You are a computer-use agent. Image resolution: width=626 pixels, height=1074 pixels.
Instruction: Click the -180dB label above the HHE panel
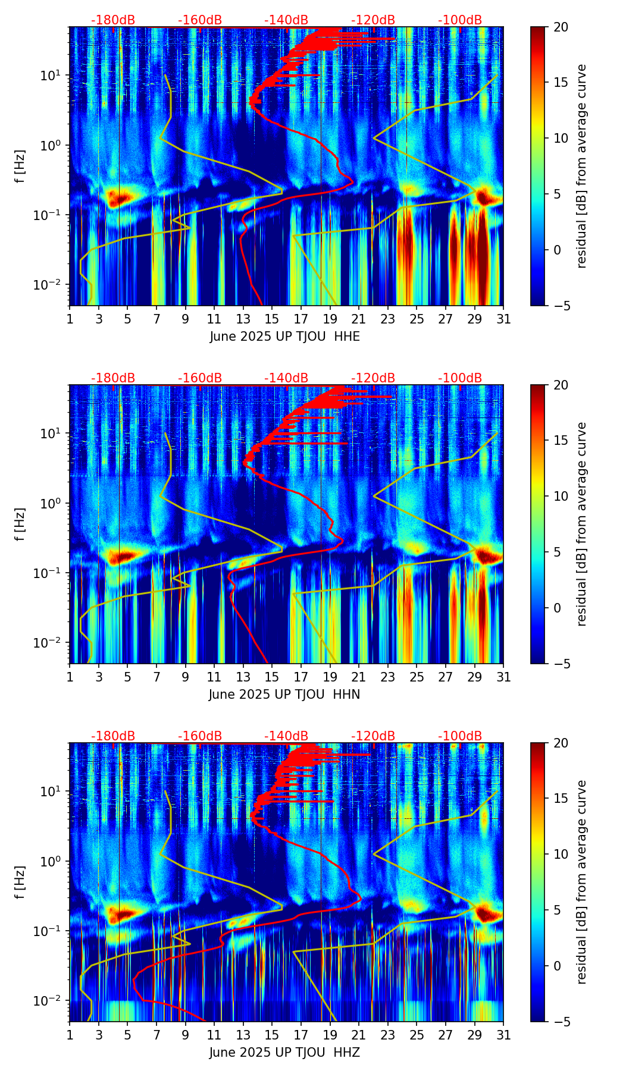[113, 20]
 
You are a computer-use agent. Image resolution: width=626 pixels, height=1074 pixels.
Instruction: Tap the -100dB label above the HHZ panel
[460, 736]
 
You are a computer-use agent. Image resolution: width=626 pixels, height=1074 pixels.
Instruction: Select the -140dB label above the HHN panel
[286, 378]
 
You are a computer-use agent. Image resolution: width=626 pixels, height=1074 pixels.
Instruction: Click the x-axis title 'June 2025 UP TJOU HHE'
[284, 337]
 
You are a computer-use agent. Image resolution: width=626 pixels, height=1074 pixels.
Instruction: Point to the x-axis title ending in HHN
[284, 695]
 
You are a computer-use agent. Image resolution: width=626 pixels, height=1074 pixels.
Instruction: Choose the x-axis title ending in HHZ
[284, 1053]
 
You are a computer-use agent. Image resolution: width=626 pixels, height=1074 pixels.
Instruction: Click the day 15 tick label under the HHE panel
[272, 319]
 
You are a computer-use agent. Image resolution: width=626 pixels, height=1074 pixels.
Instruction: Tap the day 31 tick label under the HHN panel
[503, 677]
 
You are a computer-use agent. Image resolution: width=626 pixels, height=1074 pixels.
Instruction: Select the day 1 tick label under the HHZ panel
[70, 1035]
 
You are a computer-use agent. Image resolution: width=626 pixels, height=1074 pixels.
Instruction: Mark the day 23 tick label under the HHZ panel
[387, 1035]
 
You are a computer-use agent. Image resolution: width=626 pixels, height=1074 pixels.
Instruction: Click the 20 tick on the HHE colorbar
[561, 27]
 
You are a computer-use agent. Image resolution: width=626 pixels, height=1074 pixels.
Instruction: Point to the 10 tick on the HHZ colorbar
[561, 855]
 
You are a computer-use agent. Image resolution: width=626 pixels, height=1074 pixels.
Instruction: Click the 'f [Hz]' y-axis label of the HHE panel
[20, 167]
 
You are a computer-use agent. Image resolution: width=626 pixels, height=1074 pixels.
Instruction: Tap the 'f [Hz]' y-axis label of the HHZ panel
[20, 883]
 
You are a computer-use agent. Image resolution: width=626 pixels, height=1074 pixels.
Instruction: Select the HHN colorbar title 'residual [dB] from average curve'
[582, 524]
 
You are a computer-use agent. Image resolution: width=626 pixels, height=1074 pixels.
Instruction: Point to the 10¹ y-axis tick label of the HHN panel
[48, 434]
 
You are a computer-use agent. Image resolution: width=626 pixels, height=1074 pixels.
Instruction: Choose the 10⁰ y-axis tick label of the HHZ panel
[48, 861]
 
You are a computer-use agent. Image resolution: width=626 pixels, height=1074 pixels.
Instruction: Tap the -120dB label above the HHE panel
[373, 20]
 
